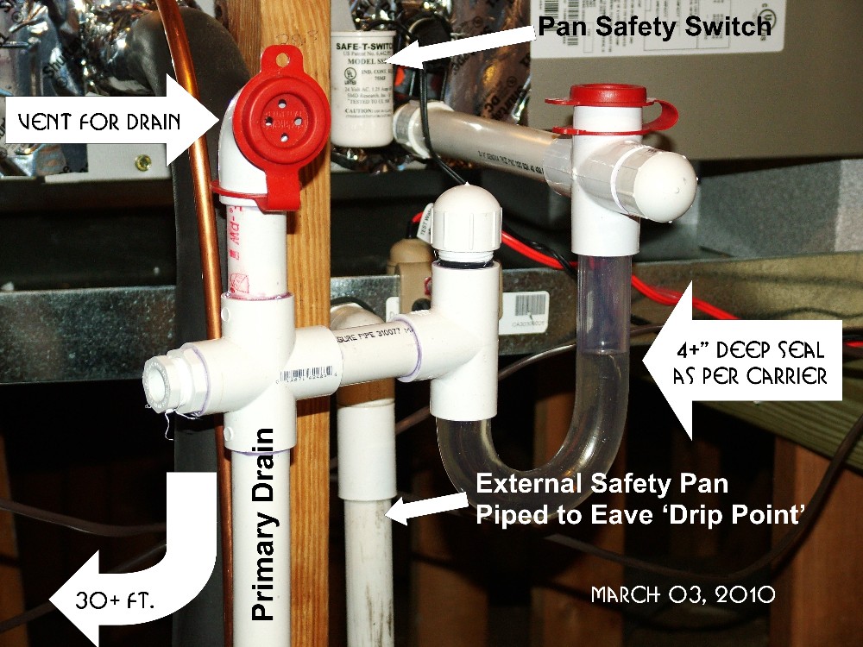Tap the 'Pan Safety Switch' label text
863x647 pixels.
(652, 26)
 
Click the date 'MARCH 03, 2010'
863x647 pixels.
(682, 594)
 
